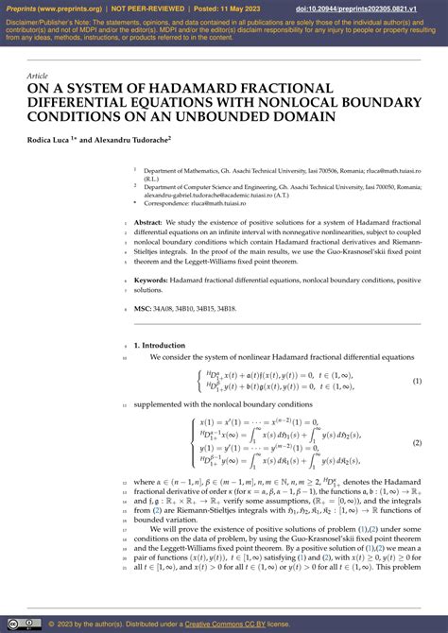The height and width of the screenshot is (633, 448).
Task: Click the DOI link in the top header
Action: (x=375, y=9)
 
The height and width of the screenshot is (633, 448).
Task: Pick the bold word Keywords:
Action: (x=153, y=281)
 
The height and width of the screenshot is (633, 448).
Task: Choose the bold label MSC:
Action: (x=143, y=308)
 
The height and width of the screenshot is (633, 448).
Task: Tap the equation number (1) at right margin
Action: (x=417, y=381)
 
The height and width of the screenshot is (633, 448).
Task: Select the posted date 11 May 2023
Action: (x=233, y=9)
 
